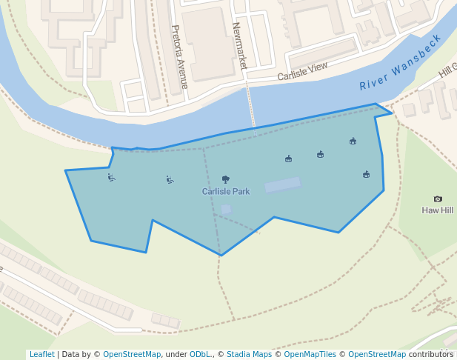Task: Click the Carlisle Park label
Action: tap(226, 191)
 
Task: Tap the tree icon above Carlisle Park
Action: tap(226, 179)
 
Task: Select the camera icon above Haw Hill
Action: tap(438, 199)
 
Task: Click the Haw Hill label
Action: tap(438, 210)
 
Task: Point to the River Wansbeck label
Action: tap(400, 64)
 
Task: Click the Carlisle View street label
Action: tap(302, 72)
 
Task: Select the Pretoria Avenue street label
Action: tap(180, 56)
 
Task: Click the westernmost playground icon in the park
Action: tap(111, 177)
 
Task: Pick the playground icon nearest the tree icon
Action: tap(170, 179)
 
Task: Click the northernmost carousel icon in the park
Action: tap(353, 141)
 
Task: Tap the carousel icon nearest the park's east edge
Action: tap(367, 174)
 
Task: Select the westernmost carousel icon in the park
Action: tap(288, 159)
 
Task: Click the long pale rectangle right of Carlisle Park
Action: tap(283, 184)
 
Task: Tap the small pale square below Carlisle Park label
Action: tap(226, 210)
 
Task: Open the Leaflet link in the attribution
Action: tap(41, 354)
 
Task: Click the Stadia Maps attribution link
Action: tap(249, 354)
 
